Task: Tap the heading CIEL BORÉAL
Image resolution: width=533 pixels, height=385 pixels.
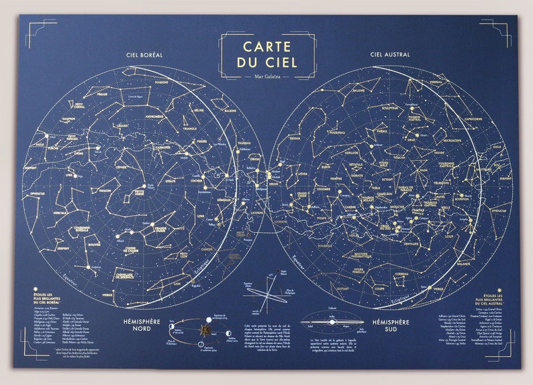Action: [144, 54]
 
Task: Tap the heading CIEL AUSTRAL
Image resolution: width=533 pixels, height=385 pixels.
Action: [389, 54]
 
